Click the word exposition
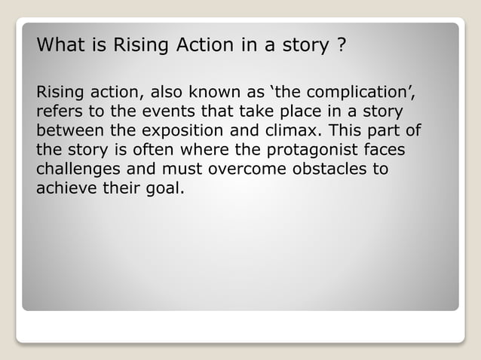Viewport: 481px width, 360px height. coord(179,131)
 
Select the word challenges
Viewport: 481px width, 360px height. coord(76,167)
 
